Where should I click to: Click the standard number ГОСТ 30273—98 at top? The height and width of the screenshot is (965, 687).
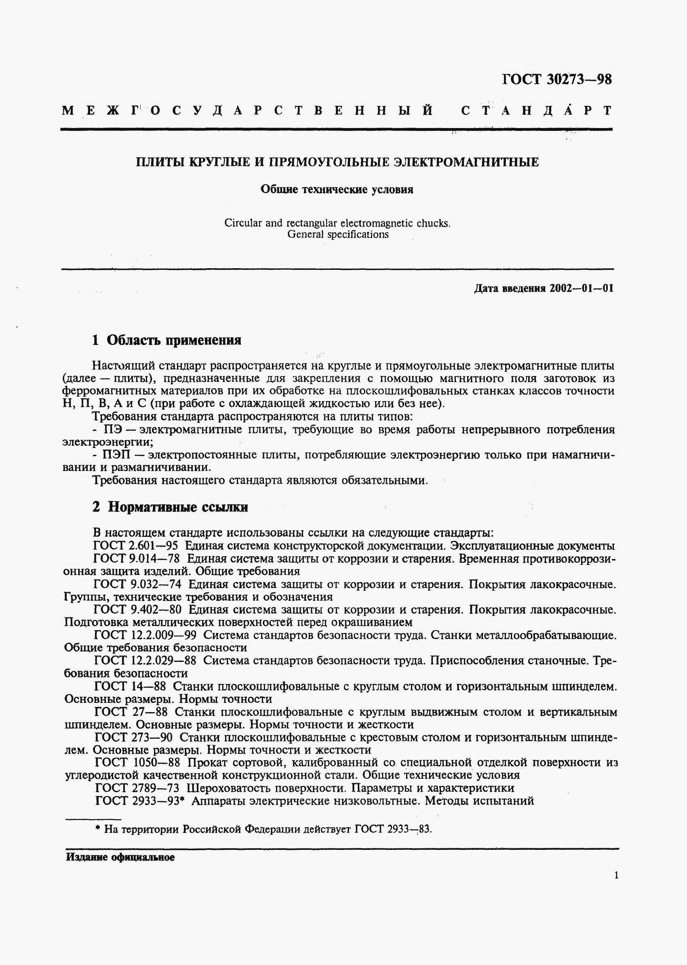tap(557, 80)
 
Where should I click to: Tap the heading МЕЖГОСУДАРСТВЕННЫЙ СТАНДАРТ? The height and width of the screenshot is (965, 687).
tap(337, 111)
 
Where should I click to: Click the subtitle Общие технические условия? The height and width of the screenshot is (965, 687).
tap(337, 189)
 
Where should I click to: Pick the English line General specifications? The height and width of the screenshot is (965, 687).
tap(337, 234)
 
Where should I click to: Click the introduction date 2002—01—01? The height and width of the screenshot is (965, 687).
tap(582, 288)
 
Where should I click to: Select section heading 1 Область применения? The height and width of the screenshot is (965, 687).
tap(166, 340)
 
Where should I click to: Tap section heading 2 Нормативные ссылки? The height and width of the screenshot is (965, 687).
tap(170, 507)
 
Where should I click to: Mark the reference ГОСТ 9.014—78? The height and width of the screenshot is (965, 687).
tap(136, 559)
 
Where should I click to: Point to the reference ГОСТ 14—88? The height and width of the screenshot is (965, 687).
tap(130, 686)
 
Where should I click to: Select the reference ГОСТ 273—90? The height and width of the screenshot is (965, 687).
tap(133, 737)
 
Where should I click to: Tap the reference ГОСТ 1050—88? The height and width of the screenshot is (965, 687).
tap(138, 763)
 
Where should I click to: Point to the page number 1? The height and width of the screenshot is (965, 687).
tap(616, 875)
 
